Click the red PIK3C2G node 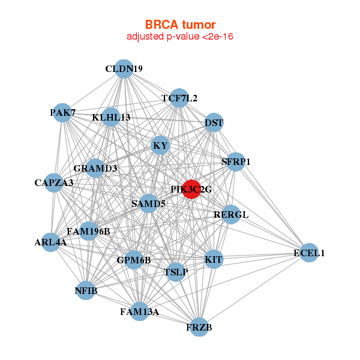point(191,189)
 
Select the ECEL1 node point(308,253)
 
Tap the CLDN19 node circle point(124,69)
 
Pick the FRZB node point(199,327)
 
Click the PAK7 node point(62,112)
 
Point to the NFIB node point(85,291)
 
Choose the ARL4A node point(50,242)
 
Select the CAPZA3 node point(53,182)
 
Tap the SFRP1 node point(236,161)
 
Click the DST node point(214,123)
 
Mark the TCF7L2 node point(179,98)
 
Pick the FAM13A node point(139,311)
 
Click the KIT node point(214,260)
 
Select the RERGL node point(231,214)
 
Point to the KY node point(160,145)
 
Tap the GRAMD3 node point(95,168)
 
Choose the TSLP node point(176,272)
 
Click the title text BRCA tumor point(180,25)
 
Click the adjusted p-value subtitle point(180,37)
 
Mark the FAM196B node point(88,231)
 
